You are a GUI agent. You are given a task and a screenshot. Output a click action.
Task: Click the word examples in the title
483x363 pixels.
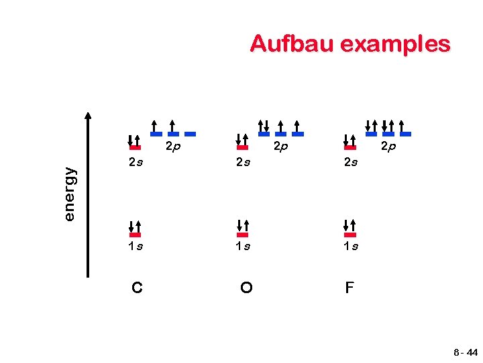395,44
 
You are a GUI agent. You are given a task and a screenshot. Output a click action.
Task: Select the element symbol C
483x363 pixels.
137,288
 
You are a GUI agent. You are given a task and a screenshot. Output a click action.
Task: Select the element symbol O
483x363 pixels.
246,288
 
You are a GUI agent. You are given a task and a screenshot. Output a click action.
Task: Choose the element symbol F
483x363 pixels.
350,288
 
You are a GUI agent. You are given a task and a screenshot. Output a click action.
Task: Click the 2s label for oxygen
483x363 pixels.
243,161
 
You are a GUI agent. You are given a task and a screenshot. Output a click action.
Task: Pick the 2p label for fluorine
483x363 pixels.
387,146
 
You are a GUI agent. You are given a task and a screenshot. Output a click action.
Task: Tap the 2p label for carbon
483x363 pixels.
172,146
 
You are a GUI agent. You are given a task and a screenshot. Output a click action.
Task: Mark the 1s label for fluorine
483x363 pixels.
350,247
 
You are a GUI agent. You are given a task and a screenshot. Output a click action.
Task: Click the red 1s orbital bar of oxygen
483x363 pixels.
243,235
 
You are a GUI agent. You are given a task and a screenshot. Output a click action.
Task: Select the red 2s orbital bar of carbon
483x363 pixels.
135,147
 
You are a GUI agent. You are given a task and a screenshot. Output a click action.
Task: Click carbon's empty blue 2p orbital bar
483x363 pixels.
191,134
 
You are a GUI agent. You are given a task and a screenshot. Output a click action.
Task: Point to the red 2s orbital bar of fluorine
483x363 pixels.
350,147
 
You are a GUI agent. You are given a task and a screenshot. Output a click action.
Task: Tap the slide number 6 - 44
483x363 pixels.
465,352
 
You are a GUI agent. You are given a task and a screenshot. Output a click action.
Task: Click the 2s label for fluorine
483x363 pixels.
350,161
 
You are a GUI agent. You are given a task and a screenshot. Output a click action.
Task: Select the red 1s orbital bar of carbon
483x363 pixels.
135,235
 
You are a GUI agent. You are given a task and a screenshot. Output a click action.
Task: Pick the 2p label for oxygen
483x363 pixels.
280,146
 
